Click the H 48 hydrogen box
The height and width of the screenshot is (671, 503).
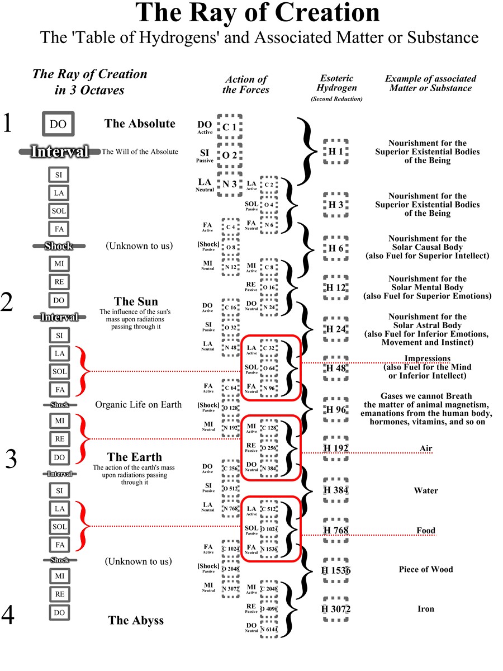pos(336,368)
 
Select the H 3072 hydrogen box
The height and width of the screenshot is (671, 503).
pos(336,609)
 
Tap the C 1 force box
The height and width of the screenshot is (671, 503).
pos(230,127)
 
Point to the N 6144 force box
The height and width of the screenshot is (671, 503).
pos(269,629)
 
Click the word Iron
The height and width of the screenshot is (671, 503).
pos(425,609)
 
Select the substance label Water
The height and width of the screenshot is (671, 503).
pos(425,490)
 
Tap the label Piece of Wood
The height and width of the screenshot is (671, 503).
pos(425,569)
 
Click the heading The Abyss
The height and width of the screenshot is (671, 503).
pos(136,620)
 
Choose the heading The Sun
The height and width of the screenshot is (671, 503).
pos(136,302)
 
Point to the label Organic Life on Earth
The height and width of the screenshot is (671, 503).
pos(138,404)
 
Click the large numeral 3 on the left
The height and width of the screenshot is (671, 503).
pos(11,459)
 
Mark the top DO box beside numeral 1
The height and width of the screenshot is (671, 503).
pos(58,124)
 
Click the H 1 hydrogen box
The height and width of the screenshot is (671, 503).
pos(336,152)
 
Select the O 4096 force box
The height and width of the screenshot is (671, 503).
pos(269,609)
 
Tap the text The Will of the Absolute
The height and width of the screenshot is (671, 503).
pos(140,152)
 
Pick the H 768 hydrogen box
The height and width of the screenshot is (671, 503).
pos(336,530)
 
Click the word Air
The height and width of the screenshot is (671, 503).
pos(426,448)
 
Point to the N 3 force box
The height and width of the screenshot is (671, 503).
pos(230,183)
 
